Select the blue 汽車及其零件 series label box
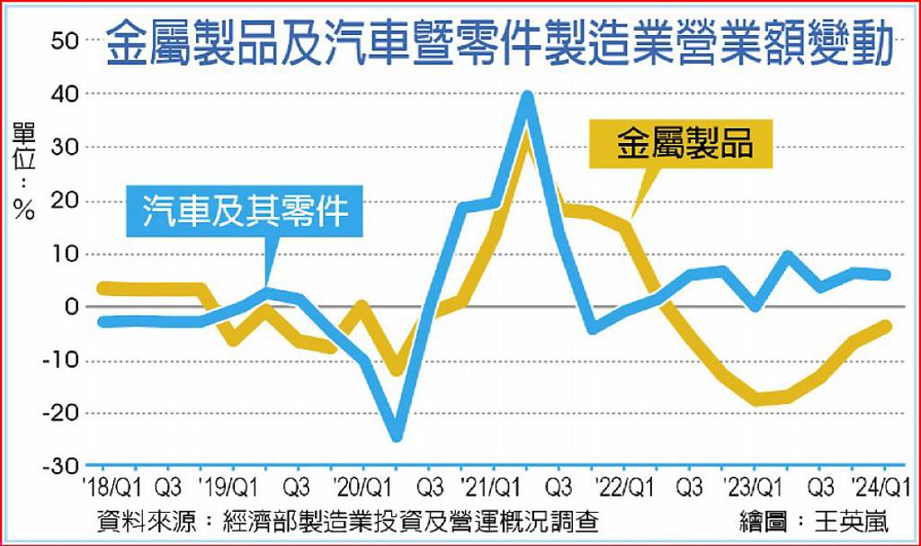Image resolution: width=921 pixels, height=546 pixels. (x=246, y=211)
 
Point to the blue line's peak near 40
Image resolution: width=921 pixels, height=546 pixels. (x=527, y=96)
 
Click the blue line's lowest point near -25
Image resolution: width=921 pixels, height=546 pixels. (x=397, y=435)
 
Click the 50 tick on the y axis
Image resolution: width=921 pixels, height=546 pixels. (x=65, y=41)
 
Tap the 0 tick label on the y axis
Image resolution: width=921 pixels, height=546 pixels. (x=72, y=307)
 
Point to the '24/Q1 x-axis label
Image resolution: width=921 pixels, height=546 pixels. (x=881, y=488)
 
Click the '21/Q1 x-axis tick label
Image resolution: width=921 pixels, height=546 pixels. (x=489, y=488)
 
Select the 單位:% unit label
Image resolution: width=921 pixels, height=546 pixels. (x=24, y=171)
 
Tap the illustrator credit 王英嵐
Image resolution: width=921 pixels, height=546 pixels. (x=853, y=521)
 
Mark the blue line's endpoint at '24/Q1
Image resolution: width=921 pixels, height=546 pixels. (x=886, y=275)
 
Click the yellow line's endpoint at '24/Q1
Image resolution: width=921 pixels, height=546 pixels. (x=886, y=326)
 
